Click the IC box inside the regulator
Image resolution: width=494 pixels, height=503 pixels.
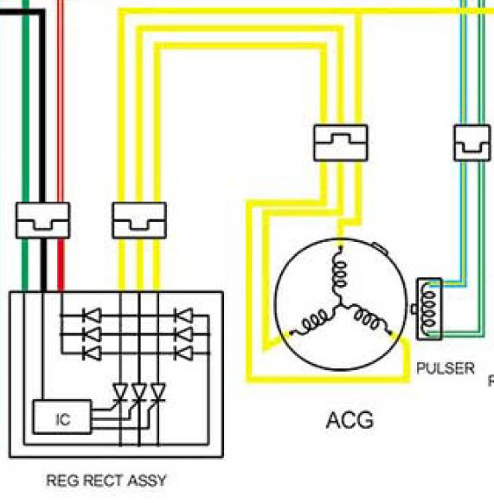(62, 417)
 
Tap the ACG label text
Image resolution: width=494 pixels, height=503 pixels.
(350, 420)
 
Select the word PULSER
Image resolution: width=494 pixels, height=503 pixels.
(446, 368)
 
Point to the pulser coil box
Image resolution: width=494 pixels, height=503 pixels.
(429, 309)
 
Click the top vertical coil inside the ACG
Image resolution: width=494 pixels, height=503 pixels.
(339, 272)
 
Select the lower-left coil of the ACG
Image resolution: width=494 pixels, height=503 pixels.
(312, 322)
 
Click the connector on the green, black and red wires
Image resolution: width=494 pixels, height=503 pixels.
(42, 220)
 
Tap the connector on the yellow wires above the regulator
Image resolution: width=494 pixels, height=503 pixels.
(139, 220)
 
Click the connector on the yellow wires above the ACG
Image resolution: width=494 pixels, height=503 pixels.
(341, 143)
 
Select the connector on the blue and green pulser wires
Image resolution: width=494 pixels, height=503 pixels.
(472, 143)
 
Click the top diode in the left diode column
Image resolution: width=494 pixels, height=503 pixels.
(93, 315)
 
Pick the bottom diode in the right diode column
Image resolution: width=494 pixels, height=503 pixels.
(183, 353)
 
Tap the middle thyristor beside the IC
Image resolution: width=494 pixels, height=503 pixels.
(139, 392)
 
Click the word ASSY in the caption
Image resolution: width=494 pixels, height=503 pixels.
(147, 481)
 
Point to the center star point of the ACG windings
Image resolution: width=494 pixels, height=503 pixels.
(340, 304)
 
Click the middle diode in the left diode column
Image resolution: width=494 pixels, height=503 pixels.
(93, 334)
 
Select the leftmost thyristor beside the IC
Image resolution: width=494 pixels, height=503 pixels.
(120, 392)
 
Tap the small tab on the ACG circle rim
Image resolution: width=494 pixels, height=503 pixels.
(380, 249)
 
